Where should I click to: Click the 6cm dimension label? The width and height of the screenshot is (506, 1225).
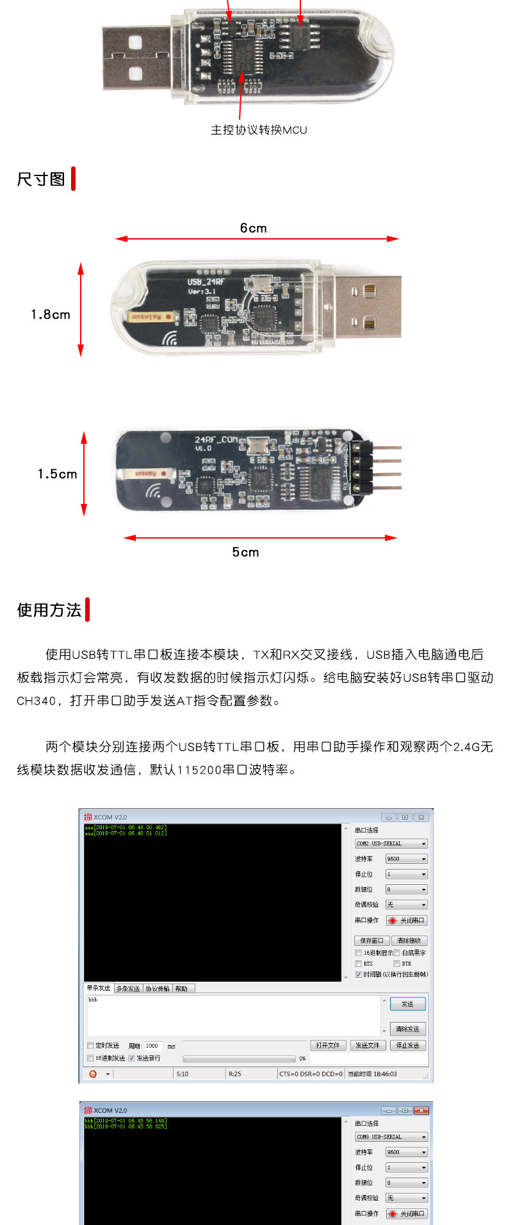pos(253,228)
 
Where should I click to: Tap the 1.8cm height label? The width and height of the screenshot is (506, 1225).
pos(51,314)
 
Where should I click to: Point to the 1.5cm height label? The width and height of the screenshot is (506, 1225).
pos(57,474)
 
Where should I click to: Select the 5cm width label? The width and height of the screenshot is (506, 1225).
pos(245,552)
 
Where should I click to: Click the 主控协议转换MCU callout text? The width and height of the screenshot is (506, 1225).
pos(259,130)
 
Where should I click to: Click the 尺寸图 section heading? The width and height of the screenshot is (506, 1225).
pos(41,179)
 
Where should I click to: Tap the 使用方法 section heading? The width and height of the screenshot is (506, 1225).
pos(49,610)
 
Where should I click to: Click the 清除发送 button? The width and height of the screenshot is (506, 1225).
pos(407,1029)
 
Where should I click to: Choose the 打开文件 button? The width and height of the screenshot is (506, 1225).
pos(328,1045)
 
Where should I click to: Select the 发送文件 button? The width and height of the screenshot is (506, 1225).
pos(368,1045)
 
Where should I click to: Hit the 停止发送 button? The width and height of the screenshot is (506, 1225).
pos(407,1045)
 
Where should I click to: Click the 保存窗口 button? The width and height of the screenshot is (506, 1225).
pos(371,941)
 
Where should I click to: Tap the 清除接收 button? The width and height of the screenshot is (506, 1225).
pos(409,941)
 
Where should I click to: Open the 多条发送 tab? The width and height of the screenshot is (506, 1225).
pos(128,989)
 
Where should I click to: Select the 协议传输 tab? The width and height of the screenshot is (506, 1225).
pos(158,989)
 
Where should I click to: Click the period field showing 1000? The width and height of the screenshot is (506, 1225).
pos(152,1046)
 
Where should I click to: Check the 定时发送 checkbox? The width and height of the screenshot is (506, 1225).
pos(90,1046)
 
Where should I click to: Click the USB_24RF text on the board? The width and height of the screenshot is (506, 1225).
pos(205,282)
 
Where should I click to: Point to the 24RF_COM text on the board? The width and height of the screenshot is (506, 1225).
pos(216,440)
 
